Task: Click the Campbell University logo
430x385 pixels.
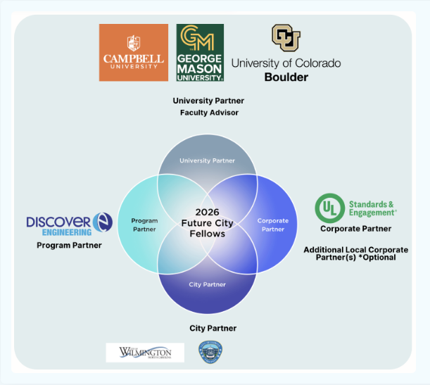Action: pyautogui.click(x=133, y=52)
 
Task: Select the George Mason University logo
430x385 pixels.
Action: pyautogui.click(x=200, y=52)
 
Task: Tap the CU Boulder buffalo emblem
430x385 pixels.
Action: pyautogui.click(x=286, y=38)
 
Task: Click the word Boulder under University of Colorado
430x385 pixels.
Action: pyautogui.click(x=286, y=77)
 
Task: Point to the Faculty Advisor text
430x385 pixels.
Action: pyautogui.click(x=209, y=113)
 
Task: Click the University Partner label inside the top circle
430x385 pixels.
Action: pyautogui.click(x=207, y=160)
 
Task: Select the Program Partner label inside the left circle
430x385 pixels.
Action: pyautogui.click(x=144, y=225)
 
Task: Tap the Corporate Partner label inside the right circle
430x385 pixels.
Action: pyautogui.click(x=272, y=225)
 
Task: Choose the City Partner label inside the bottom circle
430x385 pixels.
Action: pyautogui.click(x=208, y=284)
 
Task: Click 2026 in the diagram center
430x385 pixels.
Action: pyautogui.click(x=208, y=212)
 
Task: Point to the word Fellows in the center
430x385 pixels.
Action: pyautogui.click(x=208, y=233)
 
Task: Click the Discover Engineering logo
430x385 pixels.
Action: pyautogui.click(x=69, y=225)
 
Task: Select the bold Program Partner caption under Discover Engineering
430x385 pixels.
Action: pyautogui.click(x=69, y=246)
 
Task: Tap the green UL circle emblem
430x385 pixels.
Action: pyautogui.click(x=329, y=208)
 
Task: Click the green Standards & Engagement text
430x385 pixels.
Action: pyautogui.click(x=372, y=208)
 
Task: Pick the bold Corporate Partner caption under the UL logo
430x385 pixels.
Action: pyautogui.click(x=355, y=229)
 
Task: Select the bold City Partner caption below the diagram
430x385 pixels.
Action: pyautogui.click(x=213, y=329)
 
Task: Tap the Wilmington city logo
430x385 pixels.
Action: pyautogui.click(x=145, y=352)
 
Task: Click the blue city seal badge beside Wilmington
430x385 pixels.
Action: pyautogui.click(x=209, y=352)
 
